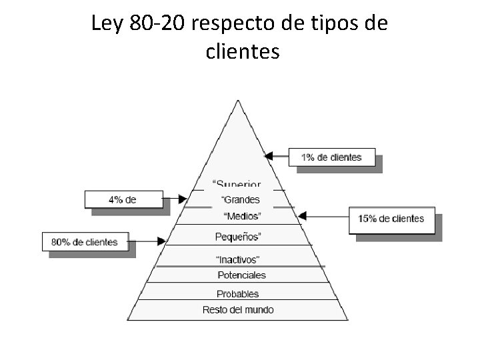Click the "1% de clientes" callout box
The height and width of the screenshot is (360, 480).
pos(331,158)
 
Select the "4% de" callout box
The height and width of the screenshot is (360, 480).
pos(124,199)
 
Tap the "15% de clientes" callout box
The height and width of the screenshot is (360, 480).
pos(391,219)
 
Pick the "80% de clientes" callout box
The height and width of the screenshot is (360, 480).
pos(85,243)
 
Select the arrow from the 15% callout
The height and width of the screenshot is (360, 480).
pos(324,216)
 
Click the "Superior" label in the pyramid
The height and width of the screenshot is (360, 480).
pos(237,183)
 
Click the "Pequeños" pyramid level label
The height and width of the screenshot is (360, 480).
pos(238,237)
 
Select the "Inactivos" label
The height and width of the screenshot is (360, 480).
pos(237,259)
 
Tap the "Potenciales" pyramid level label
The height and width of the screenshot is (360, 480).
pos(241,275)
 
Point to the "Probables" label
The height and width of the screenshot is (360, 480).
pos(238,294)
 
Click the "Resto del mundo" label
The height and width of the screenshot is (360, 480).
pos(238,310)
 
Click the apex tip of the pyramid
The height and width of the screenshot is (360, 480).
pos(238,101)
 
